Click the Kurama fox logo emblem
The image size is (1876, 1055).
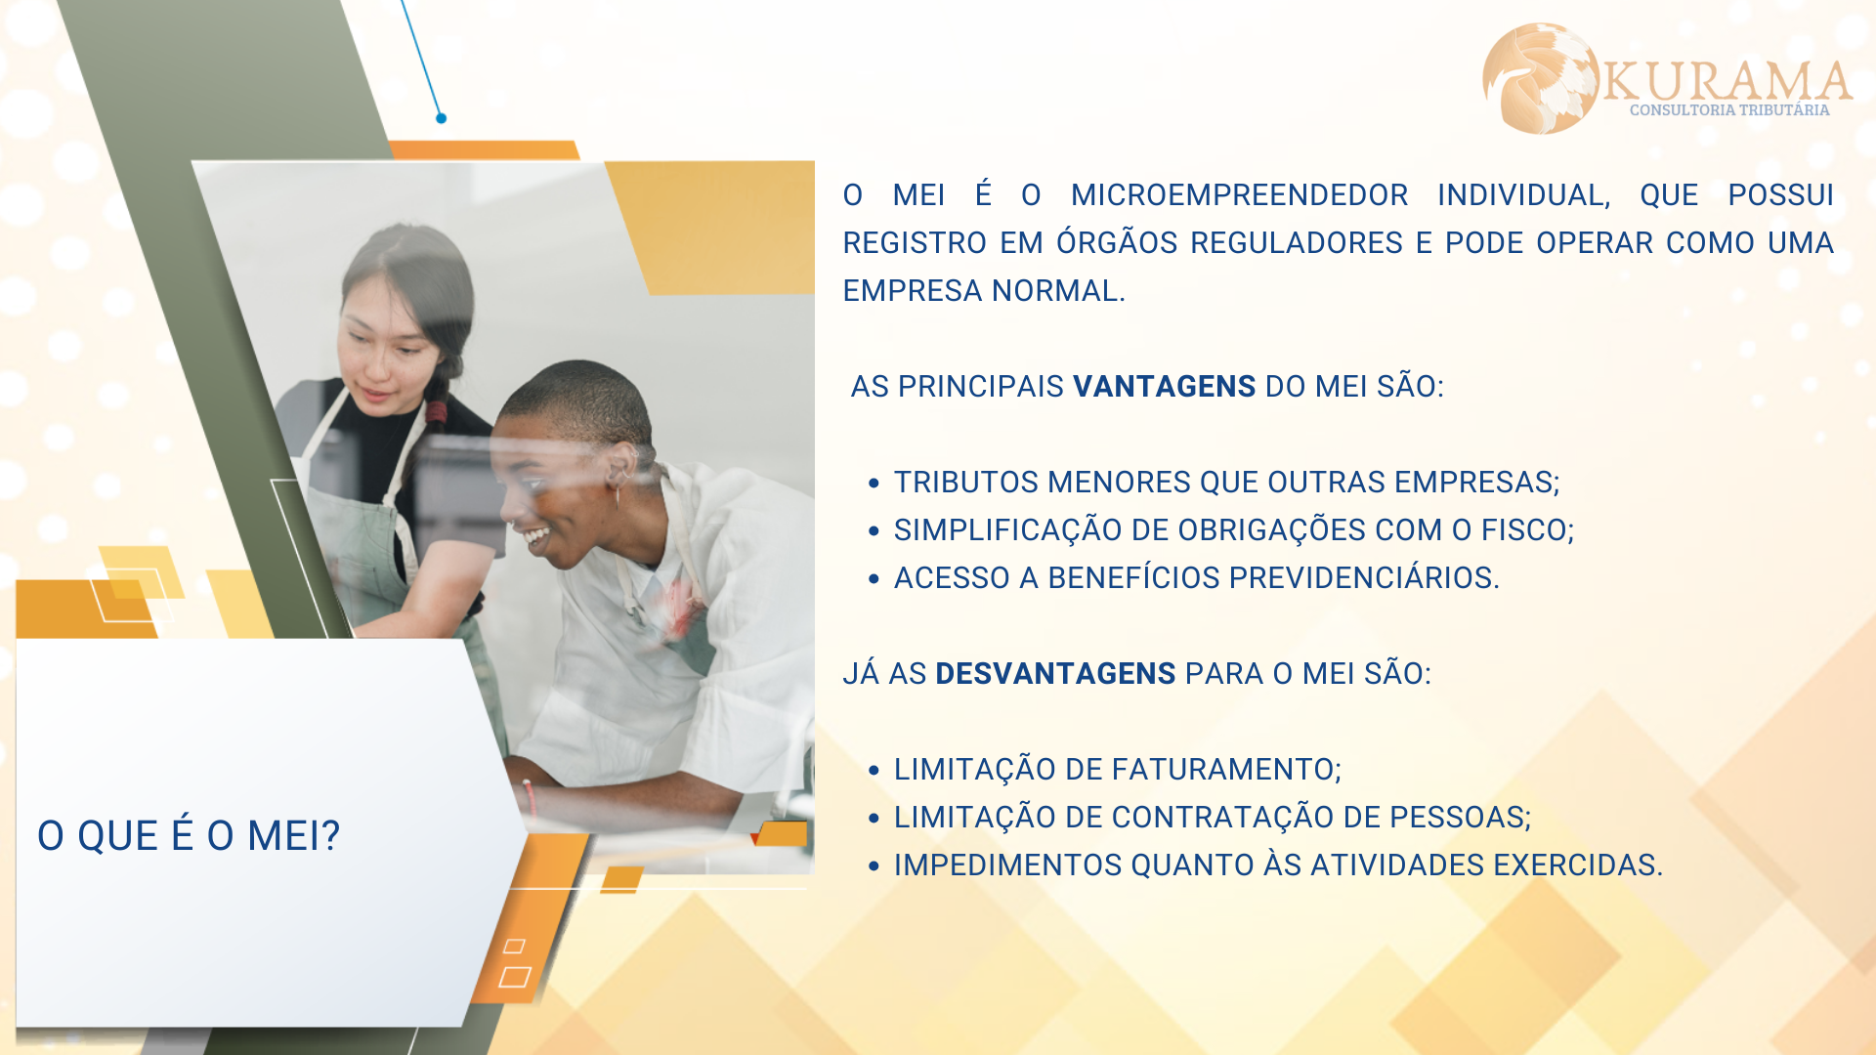point(1541,78)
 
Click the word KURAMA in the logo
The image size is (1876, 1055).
point(1727,81)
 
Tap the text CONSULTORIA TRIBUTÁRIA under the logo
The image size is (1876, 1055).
point(1729,110)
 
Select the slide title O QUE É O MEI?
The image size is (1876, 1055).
point(189,836)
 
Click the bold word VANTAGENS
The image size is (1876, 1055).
point(1164,387)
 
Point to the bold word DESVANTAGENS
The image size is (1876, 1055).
point(1055,674)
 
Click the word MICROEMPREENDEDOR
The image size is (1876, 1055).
point(1239,195)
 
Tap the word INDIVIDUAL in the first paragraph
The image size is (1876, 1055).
point(1523,196)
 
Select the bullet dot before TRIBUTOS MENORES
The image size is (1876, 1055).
point(874,483)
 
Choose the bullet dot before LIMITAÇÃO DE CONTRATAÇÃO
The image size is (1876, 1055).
point(874,818)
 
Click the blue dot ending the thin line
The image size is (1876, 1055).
point(442,118)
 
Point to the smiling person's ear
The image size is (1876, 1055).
point(621,468)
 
